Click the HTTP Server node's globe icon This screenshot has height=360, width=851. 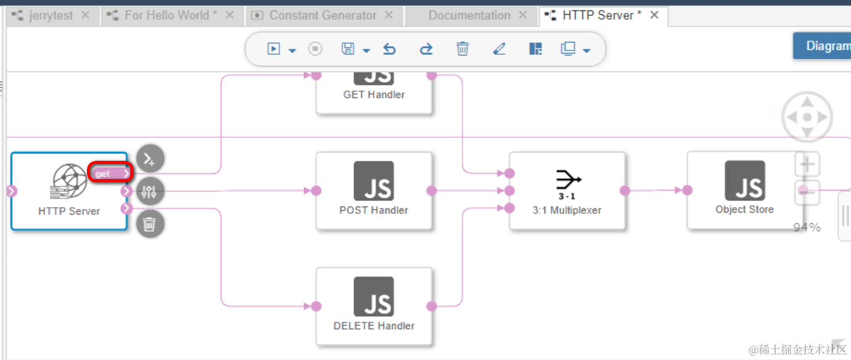coord(69,181)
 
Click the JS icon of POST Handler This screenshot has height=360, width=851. coord(374,181)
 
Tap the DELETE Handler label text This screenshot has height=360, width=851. coord(374,325)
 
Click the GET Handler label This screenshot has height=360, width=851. coord(374,94)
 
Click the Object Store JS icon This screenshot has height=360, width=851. coord(744,180)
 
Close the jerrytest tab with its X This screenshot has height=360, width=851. coord(86,15)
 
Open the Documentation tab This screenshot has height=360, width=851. coord(469,15)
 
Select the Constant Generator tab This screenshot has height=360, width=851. coord(323,15)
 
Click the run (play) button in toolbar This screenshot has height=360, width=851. coord(274,49)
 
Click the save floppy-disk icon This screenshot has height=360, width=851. coord(348,49)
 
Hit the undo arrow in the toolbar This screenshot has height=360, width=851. coord(389,49)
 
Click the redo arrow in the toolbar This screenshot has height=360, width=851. coord(425,49)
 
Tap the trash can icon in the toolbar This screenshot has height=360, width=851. coord(462,49)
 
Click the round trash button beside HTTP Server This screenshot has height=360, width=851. coord(149,224)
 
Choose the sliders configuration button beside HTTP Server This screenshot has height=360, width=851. coord(149,191)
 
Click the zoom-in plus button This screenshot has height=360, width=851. coord(807,165)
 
